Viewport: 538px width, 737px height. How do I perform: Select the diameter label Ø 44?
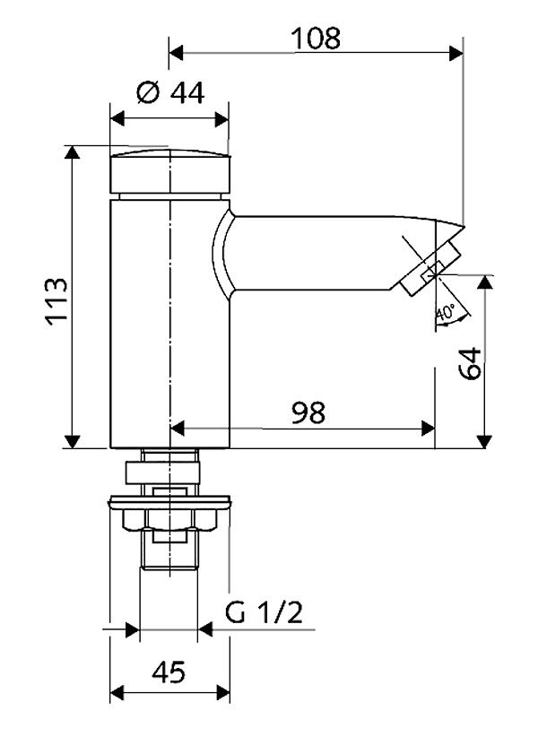click(169, 93)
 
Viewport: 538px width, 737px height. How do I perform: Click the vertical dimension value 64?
click(472, 363)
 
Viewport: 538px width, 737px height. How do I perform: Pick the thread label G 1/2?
click(265, 612)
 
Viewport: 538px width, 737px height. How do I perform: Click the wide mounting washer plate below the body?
click(169, 504)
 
